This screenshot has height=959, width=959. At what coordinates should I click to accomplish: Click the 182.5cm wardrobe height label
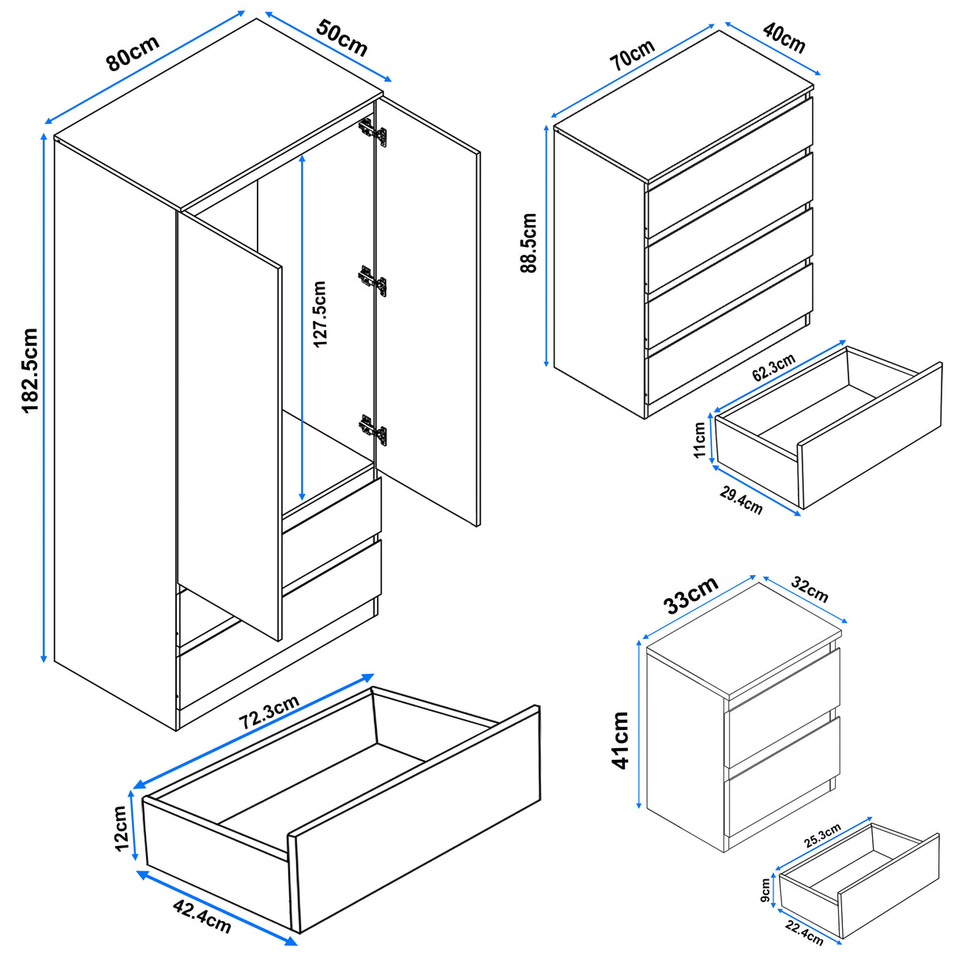[29, 370]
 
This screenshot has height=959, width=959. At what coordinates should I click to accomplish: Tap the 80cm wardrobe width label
[133, 54]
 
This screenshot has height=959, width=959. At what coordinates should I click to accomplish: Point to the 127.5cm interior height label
[320, 314]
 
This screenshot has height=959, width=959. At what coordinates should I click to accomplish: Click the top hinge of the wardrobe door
[373, 132]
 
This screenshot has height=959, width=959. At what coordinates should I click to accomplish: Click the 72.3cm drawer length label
[269, 713]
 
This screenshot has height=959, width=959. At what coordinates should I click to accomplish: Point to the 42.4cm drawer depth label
[201, 913]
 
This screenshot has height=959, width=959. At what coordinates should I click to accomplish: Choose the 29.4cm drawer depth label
[741, 500]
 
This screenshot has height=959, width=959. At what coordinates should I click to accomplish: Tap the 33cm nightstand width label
[690, 595]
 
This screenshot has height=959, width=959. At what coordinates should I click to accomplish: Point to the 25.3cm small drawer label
[822, 835]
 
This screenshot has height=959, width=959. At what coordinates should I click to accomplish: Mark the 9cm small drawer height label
[765, 890]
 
